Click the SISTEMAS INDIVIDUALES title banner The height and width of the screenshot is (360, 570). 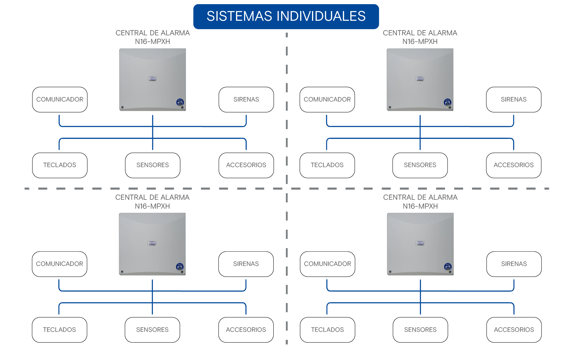click(286, 16)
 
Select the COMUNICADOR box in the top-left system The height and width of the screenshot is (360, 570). click(60, 99)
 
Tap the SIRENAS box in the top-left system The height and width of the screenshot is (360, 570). click(246, 99)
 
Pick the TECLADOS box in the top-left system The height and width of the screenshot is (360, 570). click(60, 165)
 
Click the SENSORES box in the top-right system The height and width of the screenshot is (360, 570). click(420, 165)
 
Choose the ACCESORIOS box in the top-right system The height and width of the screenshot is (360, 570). click(514, 165)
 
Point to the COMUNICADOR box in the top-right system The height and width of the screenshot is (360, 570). click(327, 99)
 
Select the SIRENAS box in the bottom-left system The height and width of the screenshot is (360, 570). click(246, 264)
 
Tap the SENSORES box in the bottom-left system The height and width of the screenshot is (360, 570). click(152, 330)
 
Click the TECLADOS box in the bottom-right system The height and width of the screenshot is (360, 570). click(327, 330)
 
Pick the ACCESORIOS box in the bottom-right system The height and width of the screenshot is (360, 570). click(514, 330)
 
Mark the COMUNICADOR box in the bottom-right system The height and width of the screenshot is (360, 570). click(327, 264)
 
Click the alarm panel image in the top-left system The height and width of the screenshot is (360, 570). click(153, 80)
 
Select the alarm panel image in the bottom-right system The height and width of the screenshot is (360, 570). click(420, 244)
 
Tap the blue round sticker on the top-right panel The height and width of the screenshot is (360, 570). click(447, 102)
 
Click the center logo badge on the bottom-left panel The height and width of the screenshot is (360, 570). click(152, 243)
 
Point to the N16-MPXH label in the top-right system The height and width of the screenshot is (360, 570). click(420, 42)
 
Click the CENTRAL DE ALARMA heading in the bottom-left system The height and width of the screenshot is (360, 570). click(152, 197)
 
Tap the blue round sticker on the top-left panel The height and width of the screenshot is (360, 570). click(180, 102)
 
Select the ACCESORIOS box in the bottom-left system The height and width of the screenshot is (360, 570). click(246, 330)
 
